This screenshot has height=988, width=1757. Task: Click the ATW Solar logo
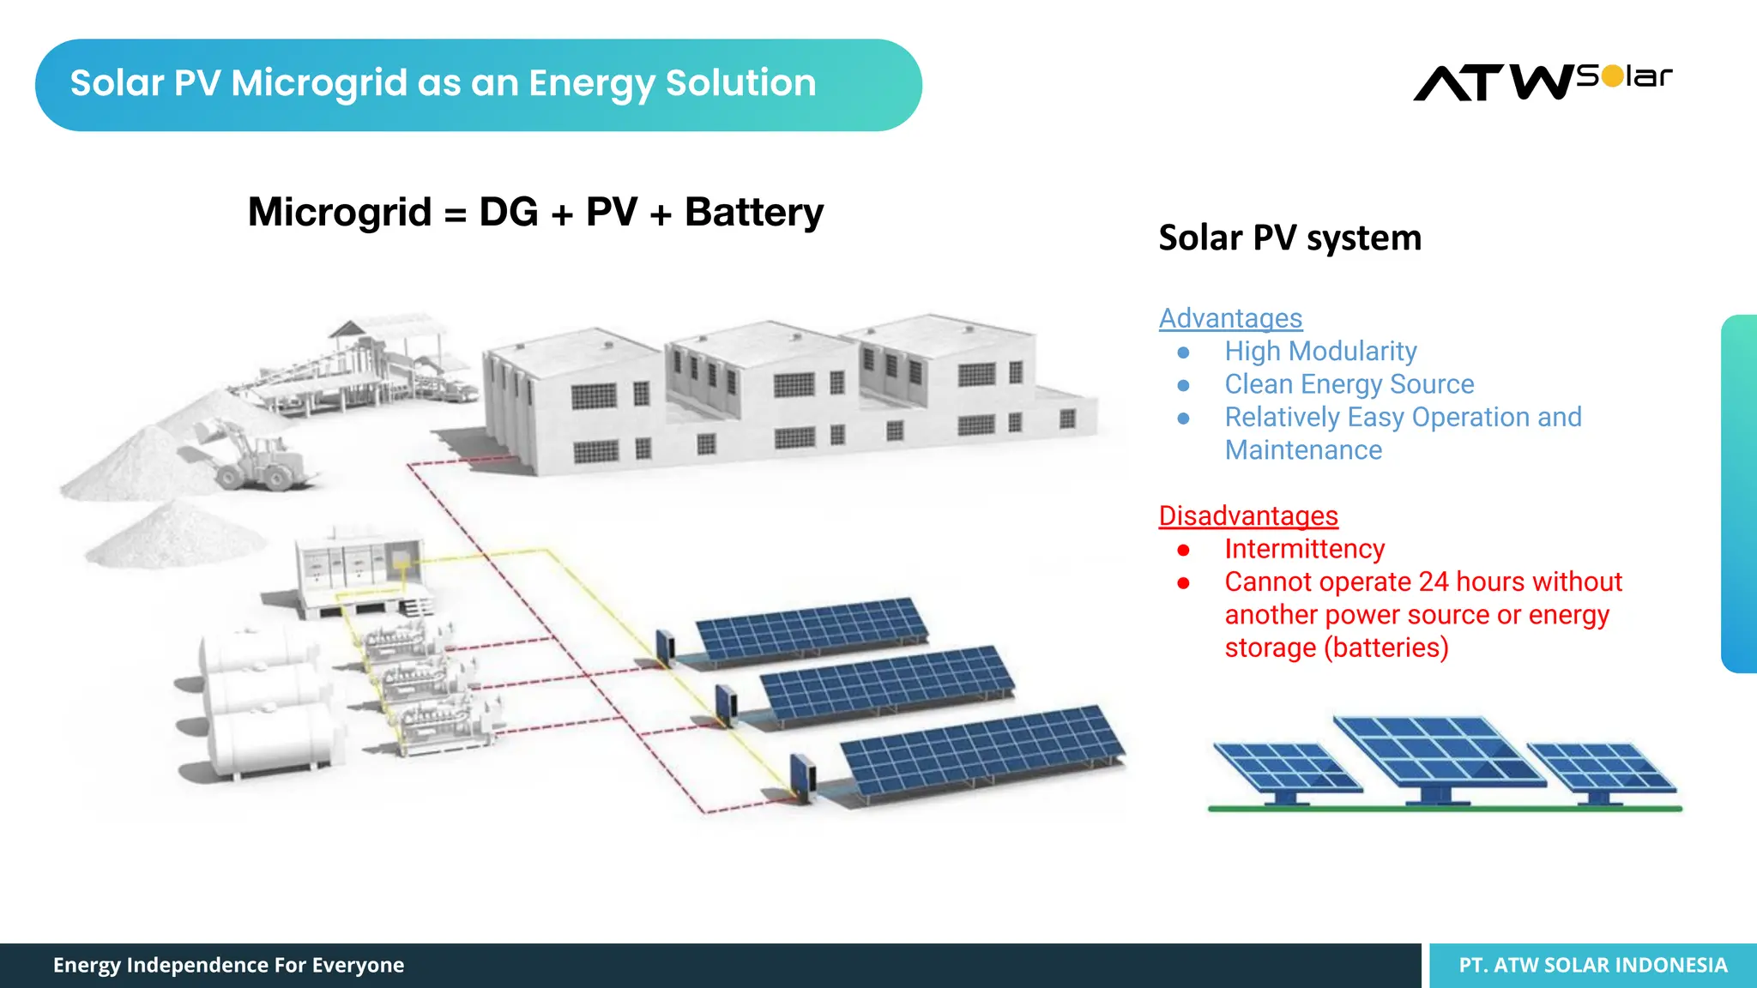(x=1542, y=82)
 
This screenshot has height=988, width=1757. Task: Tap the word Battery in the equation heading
(x=753, y=213)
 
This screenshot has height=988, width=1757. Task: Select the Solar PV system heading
(x=1289, y=238)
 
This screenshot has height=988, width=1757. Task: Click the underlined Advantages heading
(x=1230, y=318)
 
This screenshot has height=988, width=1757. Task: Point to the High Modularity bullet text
(x=1320, y=352)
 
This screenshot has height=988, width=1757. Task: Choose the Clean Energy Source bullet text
(x=1349, y=384)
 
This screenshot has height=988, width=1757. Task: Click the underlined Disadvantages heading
(x=1248, y=515)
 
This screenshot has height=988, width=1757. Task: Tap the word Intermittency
(x=1304, y=549)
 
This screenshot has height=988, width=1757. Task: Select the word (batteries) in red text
(x=1386, y=648)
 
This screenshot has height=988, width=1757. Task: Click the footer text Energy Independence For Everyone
(x=228, y=966)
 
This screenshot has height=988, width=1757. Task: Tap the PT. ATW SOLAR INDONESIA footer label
(x=1593, y=966)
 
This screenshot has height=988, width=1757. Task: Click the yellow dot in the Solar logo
(x=1613, y=76)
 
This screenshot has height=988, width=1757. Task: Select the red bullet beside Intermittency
(x=1184, y=550)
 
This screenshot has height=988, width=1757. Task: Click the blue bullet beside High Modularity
(x=1184, y=352)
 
